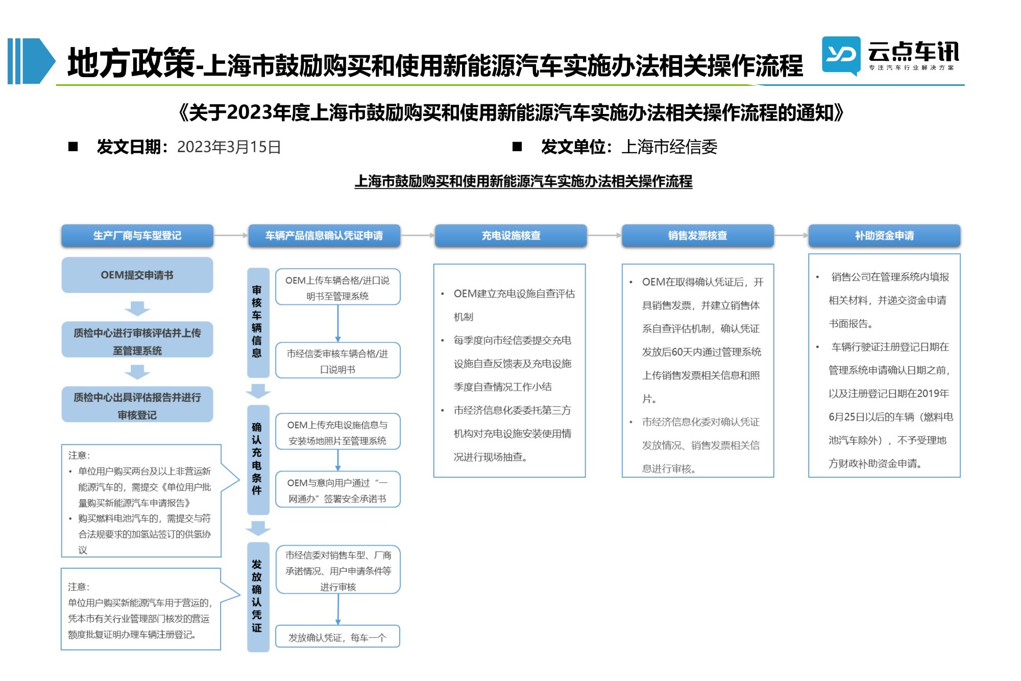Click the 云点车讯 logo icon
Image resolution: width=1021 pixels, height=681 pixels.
[x=841, y=55]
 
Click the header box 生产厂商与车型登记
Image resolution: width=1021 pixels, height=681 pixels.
[x=137, y=236]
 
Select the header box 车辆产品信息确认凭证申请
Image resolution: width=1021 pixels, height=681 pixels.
[x=324, y=236]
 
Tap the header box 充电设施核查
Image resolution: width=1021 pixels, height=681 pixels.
[x=511, y=236]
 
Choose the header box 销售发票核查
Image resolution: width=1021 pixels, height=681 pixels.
[x=698, y=236]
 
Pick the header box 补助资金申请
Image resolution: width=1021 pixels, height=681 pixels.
[x=885, y=236]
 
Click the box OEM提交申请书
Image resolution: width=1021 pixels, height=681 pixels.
[x=137, y=275]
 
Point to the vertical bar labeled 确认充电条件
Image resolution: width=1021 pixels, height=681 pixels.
[x=258, y=460]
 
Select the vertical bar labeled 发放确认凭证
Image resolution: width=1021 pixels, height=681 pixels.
[x=258, y=597]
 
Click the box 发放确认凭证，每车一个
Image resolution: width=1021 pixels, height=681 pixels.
[x=337, y=637]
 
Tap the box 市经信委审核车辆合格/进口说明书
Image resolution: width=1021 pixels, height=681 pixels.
[x=337, y=361]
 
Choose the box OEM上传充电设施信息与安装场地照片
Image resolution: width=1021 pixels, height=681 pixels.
[x=337, y=432]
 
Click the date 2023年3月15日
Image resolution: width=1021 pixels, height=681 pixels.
[x=229, y=147]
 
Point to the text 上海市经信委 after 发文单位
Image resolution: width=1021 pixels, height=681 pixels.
[x=669, y=147]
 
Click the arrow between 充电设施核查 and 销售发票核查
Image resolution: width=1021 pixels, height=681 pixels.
[x=604, y=236]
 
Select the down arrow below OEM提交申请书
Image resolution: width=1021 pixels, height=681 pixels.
[x=137, y=308]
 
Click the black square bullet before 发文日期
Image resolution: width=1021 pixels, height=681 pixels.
[x=73, y=147]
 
